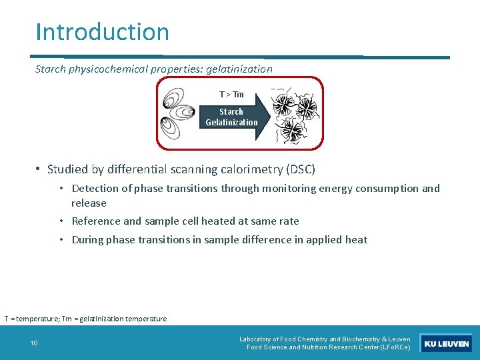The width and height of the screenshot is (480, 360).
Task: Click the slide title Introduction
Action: [x=103, y=31]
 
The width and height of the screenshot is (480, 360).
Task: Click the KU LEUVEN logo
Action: [x=446, y=343]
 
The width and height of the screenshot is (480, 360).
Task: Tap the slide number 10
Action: [x=34, y=343]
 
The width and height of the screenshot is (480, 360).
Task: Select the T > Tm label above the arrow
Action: [x=231, y=95]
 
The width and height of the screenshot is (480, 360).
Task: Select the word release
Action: [x=89, y=203]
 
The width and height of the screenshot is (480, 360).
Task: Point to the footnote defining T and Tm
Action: [x=85, y=319]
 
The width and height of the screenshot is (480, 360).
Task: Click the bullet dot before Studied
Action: [x=39, y=169]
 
